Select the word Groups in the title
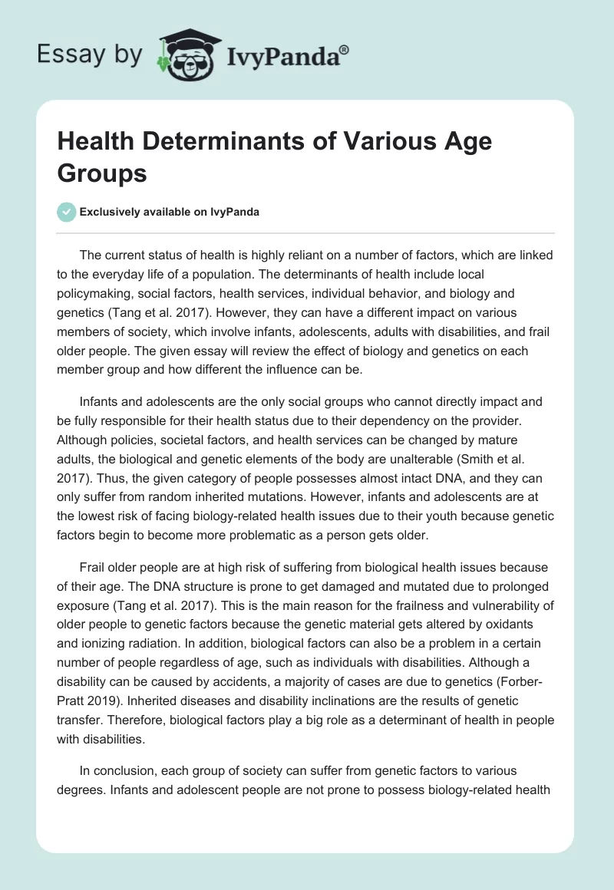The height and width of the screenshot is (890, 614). coord(103,173)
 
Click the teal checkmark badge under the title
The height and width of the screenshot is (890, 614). coord(68,212)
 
